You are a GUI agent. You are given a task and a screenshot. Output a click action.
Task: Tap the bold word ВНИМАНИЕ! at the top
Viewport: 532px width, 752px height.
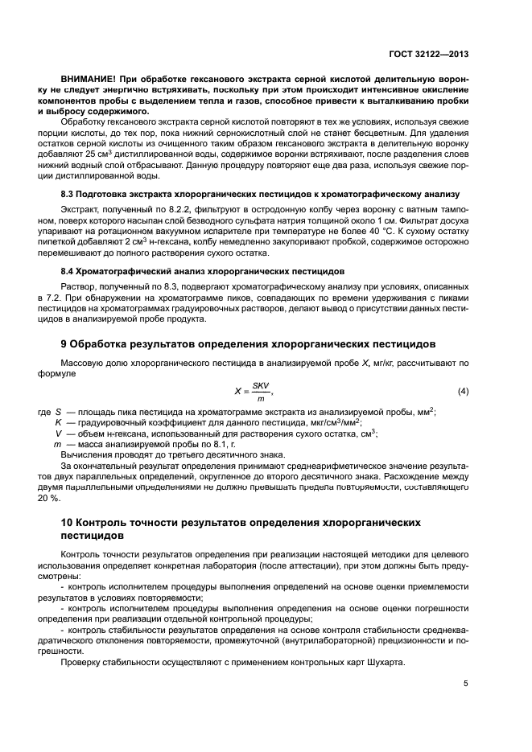pos(88,81)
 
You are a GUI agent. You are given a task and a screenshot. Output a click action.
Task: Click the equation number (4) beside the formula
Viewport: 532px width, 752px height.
pos(463,391)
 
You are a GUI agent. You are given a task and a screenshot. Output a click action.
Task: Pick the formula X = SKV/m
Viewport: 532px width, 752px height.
pos(254,391)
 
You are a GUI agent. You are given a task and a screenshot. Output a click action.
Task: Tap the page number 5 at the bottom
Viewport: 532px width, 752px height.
pos(465,684)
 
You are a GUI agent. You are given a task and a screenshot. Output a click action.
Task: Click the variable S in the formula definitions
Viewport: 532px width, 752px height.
pos(58,411)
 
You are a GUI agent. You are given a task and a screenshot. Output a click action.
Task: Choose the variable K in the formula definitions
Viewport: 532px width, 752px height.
pos(58,421)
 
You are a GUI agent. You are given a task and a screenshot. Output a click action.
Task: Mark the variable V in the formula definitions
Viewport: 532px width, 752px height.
pos(58,433)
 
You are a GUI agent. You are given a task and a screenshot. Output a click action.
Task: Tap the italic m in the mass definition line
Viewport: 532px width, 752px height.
pos(57,444)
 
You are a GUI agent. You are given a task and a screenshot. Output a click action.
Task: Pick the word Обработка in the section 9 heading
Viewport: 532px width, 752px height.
pos(107,344)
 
